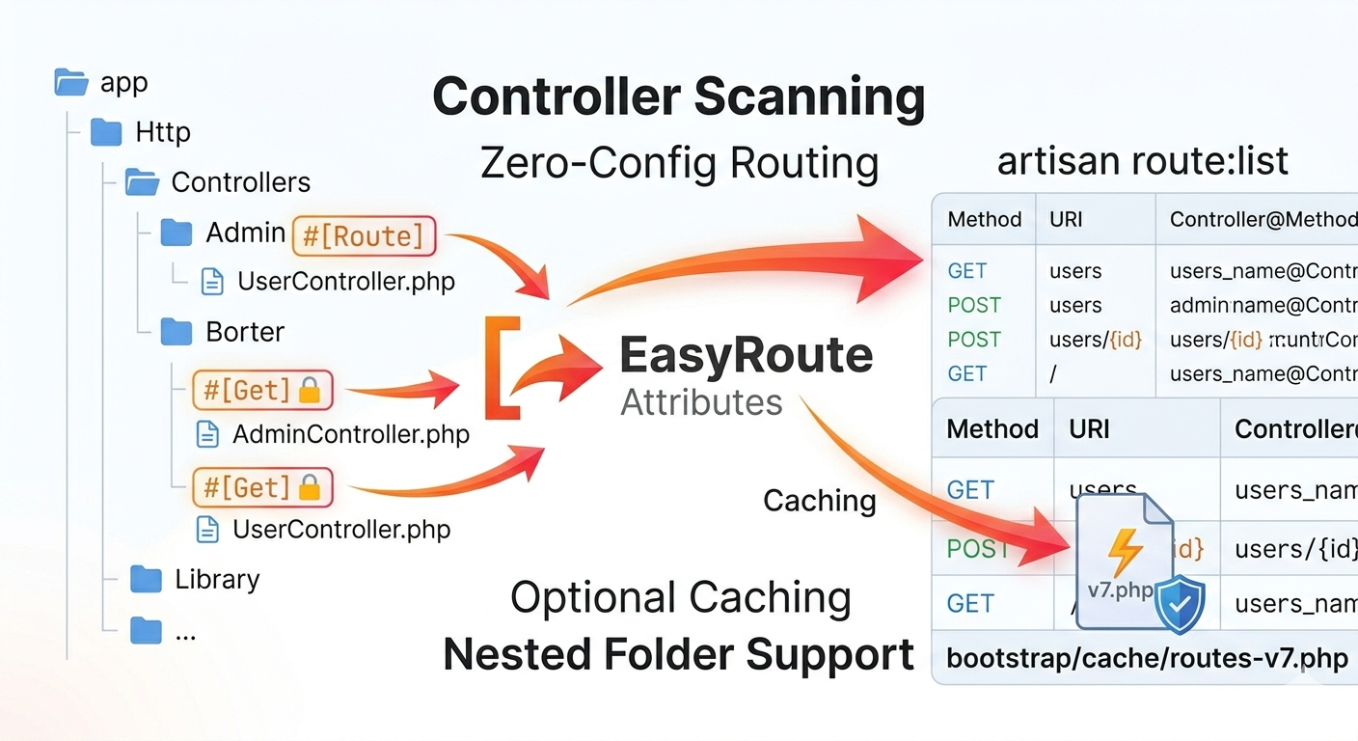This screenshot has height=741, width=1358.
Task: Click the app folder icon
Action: (72, 82)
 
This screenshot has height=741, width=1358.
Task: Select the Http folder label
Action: (162, 131)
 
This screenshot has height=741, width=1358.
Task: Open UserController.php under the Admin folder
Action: (345, 282)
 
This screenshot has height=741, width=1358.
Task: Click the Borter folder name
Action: (245, 332)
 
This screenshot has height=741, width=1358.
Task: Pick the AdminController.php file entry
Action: (350, 434)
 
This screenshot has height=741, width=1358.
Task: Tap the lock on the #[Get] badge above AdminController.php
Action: (310, 391)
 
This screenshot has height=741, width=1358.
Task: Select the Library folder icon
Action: (146, 579)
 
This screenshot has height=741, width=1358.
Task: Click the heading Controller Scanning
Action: (678, 96)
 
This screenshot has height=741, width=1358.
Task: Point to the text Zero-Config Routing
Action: (679, 163)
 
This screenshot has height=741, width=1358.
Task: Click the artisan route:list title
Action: (1142, 161)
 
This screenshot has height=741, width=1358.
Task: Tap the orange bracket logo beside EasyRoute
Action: (502, 368)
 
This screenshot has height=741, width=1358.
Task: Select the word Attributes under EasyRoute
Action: (701, 402)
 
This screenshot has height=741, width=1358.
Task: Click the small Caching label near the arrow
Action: (819, 501)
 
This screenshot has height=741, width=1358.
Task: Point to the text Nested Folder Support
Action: (678, 655)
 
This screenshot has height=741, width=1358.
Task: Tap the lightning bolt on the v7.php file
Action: (1124, 552)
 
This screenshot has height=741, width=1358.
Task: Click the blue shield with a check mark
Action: (1180, 604)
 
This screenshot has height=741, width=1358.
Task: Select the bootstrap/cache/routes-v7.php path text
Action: (1146, 659)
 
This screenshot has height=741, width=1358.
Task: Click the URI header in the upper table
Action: (1066, 219)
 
